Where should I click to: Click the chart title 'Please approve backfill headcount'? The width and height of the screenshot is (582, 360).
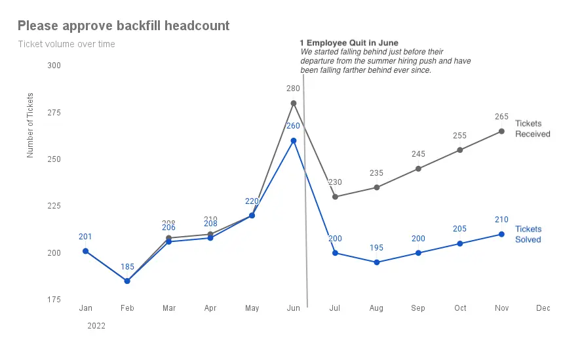(x=123, y=26)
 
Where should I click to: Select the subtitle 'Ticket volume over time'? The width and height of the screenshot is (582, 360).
(x=66, y=45)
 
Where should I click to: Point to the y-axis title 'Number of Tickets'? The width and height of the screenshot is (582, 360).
(x=30, y=125)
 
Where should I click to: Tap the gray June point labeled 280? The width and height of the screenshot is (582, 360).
(x=294, y=103)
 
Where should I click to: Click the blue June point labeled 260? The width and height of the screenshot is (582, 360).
(x=294, y=140)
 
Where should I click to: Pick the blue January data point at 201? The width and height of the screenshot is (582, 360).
(x=85, y=251)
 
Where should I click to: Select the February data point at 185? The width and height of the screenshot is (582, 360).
(x=127, y=281)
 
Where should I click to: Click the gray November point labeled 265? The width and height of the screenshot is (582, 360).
(x=501, y=131)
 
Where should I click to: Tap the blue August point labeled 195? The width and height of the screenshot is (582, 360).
(x=376, y=262)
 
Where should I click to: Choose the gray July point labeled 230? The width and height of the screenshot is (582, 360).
(x=335, y=197)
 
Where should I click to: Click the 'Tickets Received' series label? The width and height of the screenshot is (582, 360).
(x=532, y=129)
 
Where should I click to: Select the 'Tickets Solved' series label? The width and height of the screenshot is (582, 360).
(x=528, y=234)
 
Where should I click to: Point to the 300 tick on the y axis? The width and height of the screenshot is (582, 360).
(x=54, y=66)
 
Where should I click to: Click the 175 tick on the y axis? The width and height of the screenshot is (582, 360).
(x=54, y=300)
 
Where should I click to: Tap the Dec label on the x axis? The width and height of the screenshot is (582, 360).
(x=543, y=308)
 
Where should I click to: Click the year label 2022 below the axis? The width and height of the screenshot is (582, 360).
(x=96, y=325)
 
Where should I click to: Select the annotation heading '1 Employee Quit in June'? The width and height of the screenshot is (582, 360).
(x=349, y=43)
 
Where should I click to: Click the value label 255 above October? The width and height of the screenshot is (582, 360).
(x=459, y=136)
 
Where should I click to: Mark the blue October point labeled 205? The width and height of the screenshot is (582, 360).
(x=460, y=243)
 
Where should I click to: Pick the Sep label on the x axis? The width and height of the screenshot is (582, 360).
(x=418, y=308)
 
